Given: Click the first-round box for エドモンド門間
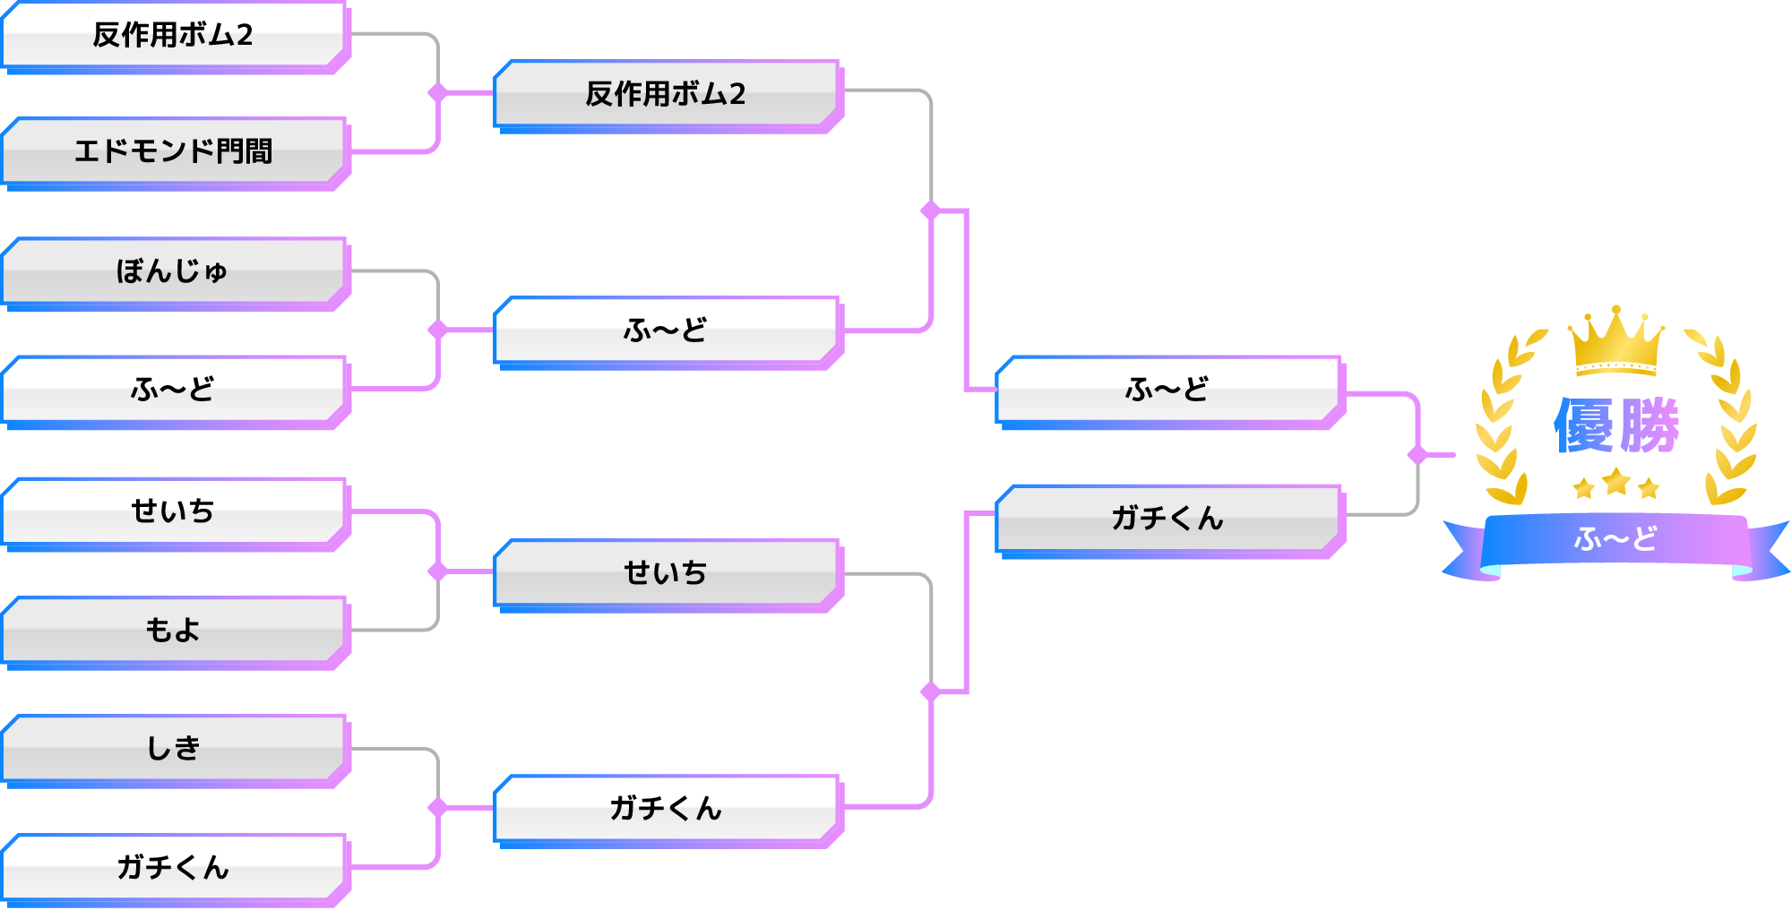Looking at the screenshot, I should coord(173,150).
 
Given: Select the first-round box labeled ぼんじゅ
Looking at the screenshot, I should coord(173,270).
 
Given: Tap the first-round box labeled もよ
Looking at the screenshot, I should coord(173,630).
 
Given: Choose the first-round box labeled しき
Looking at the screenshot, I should coord(173,748).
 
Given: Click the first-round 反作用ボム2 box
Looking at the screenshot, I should coord(173,35).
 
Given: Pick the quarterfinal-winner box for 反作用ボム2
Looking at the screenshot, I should coord(665,93).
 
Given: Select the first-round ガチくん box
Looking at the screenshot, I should coord(173,867).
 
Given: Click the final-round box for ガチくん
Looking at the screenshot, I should coord(1167,518).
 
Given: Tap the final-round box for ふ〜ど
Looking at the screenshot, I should coord(1167,389).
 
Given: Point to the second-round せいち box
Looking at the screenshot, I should coord(665,572).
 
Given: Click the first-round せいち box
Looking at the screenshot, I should coord(173,511).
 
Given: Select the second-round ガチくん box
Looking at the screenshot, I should coord(665,808).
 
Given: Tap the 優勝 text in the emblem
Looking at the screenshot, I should coord(1615,426).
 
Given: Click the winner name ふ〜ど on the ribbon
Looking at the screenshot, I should coord(1615,539).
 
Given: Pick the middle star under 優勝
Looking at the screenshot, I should coord(1616,483).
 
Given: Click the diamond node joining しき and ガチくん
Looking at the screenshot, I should coord(437,808).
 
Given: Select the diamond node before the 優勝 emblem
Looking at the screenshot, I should coord(1417,455).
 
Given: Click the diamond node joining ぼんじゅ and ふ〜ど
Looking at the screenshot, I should coord(437,330).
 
